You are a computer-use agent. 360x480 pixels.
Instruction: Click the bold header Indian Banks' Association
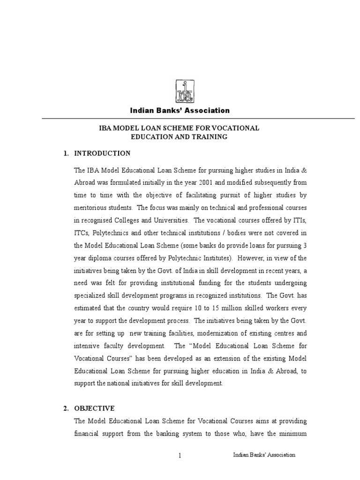180,111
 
